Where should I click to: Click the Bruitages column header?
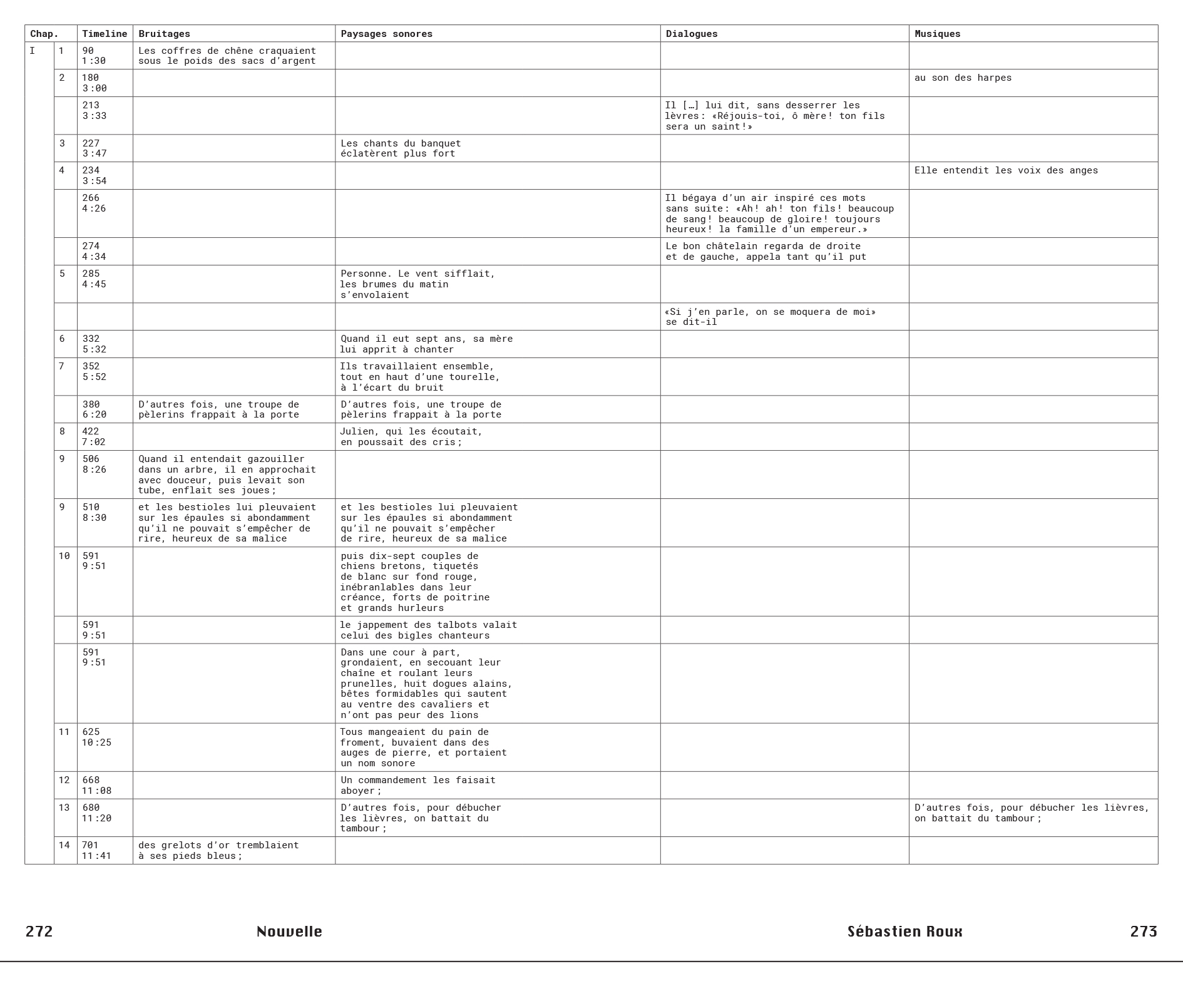coord(164,34)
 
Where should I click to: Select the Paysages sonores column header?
coord(386,34)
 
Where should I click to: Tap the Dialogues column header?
coord(692,34)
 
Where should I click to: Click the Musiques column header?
coord(937,34)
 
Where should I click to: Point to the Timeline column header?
coord(105,34)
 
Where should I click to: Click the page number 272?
coord(39,931)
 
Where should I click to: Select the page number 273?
coord(1144,931)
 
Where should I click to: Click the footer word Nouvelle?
coord(289,931)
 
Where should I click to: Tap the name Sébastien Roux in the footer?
coord(904,931)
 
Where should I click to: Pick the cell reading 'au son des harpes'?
coord(963,78)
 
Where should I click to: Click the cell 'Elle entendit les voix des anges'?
coord(1006,170)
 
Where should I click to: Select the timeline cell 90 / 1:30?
coord(94,56)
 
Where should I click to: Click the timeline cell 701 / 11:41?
coord(96,850)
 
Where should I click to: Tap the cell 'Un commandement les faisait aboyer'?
coord(417,785)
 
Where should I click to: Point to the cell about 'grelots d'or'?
coord(218,850)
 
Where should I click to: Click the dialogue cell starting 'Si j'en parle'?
coord(769,317)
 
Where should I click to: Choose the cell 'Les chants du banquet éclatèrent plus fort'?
coord(401,148)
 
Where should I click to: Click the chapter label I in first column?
coord(33,51)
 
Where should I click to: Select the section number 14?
coord(64,845)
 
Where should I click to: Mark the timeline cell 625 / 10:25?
coord(96,737)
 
